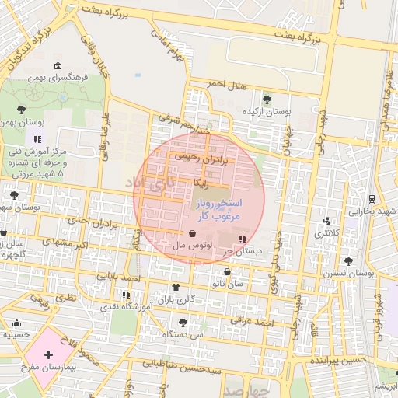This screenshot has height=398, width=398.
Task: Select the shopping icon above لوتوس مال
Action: coord(192,233)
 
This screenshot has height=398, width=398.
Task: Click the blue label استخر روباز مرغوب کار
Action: coord(215,209)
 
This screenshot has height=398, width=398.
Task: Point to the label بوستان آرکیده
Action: coord(266,112)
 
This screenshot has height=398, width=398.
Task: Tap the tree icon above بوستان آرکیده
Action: coord(267,99)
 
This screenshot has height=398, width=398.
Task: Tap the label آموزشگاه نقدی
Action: coord(125,308)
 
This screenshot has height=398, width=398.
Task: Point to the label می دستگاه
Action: coord(183,334)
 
